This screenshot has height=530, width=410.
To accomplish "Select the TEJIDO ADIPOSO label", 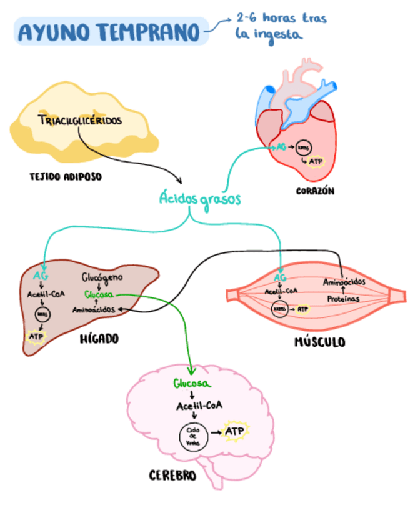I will click(x=65, y=177).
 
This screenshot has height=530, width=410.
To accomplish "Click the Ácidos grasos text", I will click(x=199, y=199).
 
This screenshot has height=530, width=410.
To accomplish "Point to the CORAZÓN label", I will click(x=314, y=191).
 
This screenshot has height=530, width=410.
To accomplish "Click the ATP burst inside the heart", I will click(x=318, y=161).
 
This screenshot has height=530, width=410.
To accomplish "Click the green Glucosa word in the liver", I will click(x=99, y=294).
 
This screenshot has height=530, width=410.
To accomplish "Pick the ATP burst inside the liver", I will click(x=36, y=336).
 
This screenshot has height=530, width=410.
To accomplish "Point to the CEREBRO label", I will click(x=172, y=476).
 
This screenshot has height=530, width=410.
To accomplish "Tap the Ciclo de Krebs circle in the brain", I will click(x=192, y=435).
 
